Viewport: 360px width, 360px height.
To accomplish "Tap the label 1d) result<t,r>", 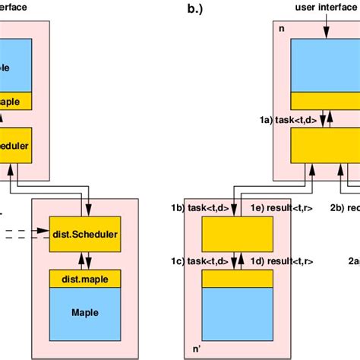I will click(x=282, y=261).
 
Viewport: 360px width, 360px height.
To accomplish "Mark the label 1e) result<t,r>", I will click(x=282, y=207).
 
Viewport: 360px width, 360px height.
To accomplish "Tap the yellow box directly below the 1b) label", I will click(x=236, y=233).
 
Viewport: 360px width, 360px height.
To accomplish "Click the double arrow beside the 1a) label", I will click(x=324, y=120).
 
